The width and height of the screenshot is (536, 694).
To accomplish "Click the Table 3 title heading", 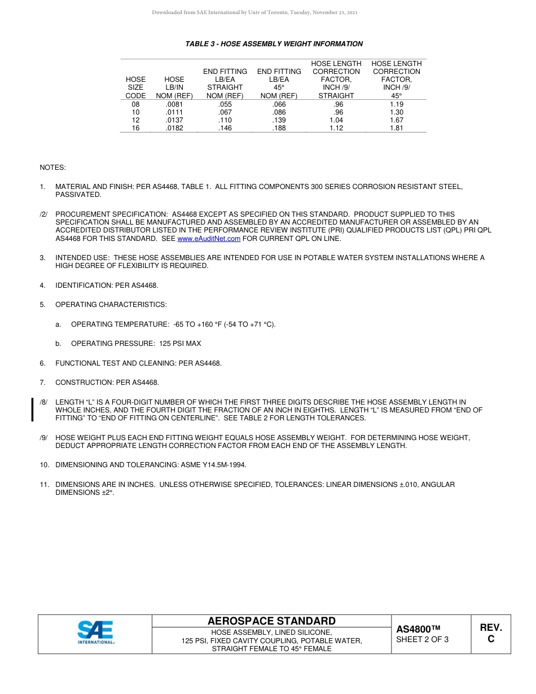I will (274, 44).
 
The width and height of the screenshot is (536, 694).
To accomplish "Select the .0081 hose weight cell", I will (174, 104).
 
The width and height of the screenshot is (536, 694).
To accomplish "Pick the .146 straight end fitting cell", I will (225, 128).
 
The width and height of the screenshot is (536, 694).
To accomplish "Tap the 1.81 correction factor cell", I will (397, 128).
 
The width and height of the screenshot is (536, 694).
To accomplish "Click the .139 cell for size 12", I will (279, 120).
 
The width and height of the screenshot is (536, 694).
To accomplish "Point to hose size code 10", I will (135, 112).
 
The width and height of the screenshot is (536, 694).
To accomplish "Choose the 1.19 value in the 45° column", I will (397, 104).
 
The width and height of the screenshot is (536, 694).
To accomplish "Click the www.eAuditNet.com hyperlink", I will (209, 239).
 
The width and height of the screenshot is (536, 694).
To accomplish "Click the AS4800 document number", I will (418, 629).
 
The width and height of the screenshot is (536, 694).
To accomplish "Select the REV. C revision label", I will (491, 633).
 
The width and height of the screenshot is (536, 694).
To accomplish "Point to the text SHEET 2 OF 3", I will (423, 640).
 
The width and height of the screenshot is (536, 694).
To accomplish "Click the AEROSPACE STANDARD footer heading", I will (271, 621).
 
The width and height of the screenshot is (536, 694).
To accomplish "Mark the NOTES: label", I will (52, 168).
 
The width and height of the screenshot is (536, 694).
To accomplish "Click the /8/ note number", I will (44, 402).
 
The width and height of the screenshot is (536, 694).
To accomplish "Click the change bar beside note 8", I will (32, 410).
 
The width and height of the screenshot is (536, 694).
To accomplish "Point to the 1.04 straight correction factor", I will (336, 120).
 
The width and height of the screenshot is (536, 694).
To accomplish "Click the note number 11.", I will (43, 485).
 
